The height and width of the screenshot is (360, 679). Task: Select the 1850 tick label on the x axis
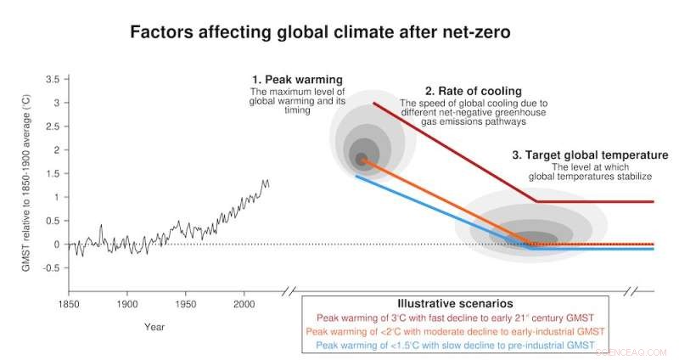[x=68, y=303]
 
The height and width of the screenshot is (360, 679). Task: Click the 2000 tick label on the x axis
[x=244, y=303]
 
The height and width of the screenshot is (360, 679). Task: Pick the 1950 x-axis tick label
[x=185, y=303]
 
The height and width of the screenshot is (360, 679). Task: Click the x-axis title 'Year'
[x=154, y=326]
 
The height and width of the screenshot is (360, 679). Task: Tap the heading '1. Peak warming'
[x=296, y=80]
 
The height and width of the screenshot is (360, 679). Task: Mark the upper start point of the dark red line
[x=373, y=103]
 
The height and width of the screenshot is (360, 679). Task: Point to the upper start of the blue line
[x=356, y=177]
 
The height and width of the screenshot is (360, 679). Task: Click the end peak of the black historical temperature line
[x=266, y=180]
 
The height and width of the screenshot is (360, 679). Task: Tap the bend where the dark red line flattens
[x=536, y=201]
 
